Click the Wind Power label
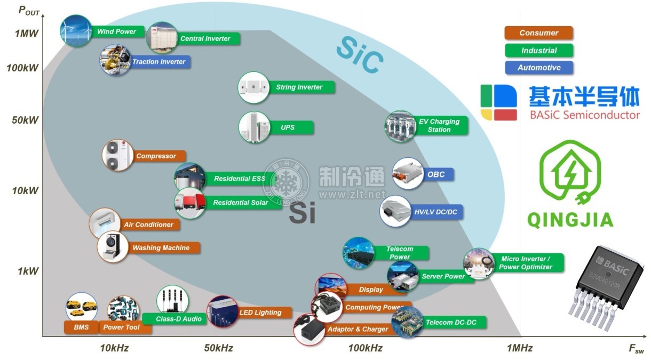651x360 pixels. (116, 31)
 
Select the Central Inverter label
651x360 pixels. (205, 38)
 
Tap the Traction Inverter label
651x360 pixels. (158, 62)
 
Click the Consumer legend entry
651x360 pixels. (538, 33)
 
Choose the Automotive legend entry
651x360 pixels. (538, 68)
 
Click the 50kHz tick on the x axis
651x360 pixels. (218, 348)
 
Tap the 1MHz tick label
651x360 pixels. (519, 348)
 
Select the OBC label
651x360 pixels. (432, 174)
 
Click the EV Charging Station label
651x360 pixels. (439, 125)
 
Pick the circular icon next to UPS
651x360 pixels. (253, 127)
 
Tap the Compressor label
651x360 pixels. (156, 156)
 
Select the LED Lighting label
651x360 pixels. (260, 313)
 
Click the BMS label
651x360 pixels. (81, 327)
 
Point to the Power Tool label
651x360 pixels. (121, 327)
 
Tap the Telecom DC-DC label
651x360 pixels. (448, 323)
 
